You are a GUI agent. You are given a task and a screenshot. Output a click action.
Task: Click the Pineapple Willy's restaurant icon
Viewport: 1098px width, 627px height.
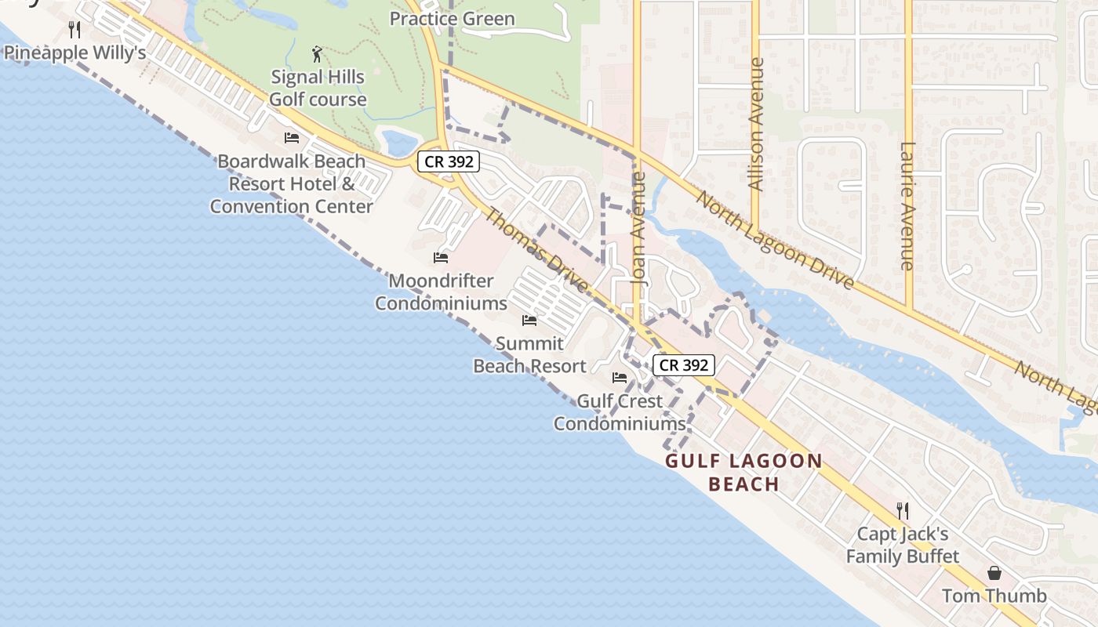point(75,30)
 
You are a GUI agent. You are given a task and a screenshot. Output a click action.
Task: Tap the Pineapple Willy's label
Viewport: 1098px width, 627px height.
point(75,53)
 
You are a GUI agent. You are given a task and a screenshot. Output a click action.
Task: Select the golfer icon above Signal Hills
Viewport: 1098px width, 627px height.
point(317,54)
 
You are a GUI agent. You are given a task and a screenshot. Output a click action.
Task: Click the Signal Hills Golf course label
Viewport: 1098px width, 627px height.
point(318,88)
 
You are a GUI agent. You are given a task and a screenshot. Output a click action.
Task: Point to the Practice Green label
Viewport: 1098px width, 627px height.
point(453,19)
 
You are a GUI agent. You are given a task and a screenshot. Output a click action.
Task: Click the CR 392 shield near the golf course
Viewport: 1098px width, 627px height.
point(447,161)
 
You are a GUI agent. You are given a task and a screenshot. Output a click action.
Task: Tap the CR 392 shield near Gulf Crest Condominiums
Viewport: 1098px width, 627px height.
point(684,364)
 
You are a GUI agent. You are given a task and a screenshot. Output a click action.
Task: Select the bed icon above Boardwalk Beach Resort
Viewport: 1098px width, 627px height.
point(292,138)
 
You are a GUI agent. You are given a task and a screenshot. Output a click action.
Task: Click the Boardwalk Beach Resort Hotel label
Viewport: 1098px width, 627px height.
point(291,183)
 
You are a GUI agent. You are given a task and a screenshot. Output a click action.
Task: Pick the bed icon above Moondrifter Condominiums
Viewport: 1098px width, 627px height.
point(441,257)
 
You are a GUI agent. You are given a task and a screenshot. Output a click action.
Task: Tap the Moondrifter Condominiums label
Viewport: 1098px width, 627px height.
point(441,292)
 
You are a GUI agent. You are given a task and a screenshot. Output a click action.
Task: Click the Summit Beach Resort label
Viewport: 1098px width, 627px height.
point(529,354)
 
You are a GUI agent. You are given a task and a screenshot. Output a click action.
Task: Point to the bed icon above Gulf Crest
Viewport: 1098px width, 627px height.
point(620,378)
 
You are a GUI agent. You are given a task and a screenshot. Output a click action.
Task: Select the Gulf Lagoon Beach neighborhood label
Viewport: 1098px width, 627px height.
point(744,472)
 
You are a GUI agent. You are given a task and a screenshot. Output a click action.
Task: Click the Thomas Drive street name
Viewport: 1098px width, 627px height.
point(537,249)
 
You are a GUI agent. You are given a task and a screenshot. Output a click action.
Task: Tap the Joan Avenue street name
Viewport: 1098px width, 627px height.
point(639,239)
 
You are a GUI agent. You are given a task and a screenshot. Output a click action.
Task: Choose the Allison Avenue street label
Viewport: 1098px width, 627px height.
point(756,124)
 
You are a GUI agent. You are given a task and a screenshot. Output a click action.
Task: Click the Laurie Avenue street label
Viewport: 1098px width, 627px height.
point(908,205)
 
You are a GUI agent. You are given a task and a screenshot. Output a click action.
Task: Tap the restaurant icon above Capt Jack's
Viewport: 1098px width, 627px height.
point(903,511)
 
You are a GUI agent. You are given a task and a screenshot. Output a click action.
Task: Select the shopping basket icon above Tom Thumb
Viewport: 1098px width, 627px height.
point(994,573)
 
